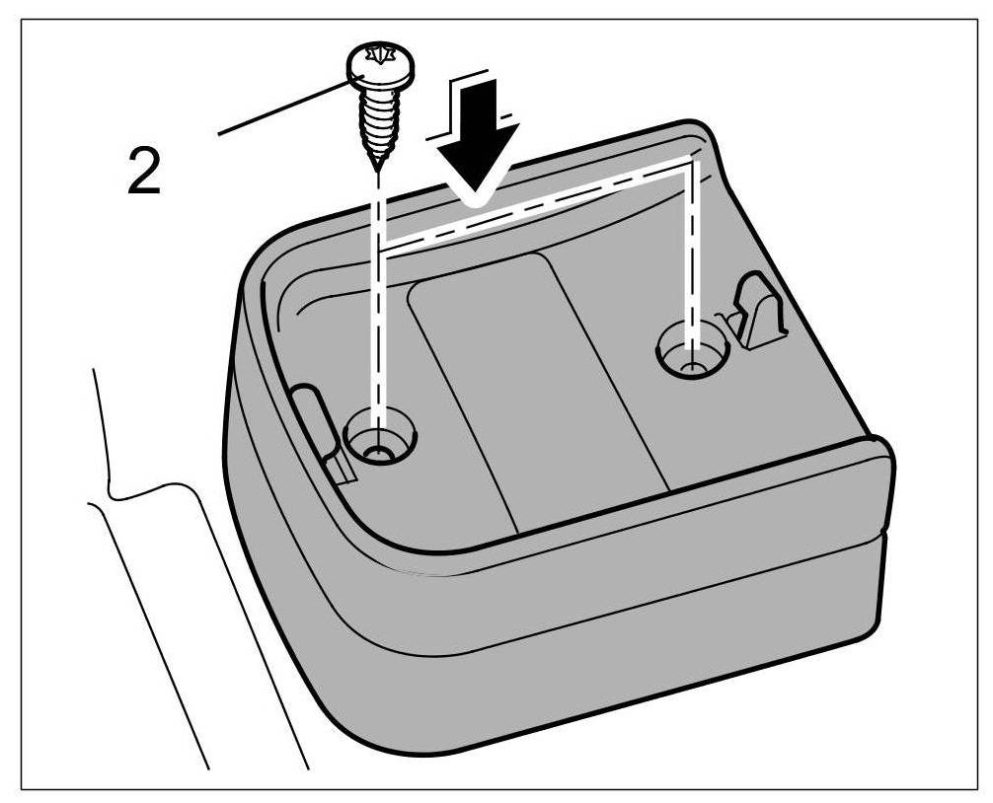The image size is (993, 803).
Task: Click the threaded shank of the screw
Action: pos(378,122)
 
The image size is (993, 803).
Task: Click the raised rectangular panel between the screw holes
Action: pos(533,385)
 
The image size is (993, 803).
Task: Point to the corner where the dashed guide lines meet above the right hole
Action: pos(691,163)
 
